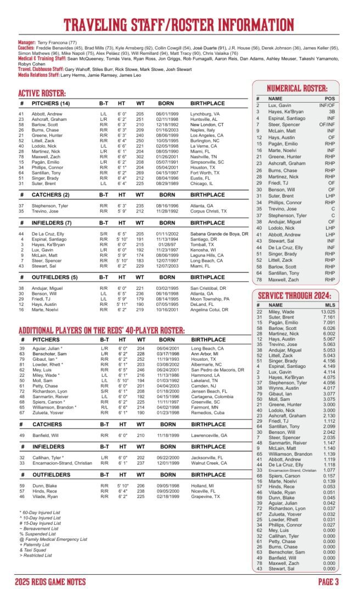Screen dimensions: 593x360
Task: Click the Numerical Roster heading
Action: point(297,88)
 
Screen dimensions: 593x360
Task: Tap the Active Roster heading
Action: point(42,93)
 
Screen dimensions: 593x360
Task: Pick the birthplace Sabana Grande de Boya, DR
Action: point(220,234)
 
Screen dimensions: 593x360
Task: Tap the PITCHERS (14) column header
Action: point(50,103)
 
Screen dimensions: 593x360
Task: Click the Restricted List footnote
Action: point(36,555)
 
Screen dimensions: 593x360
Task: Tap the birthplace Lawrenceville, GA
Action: point(209,435)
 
